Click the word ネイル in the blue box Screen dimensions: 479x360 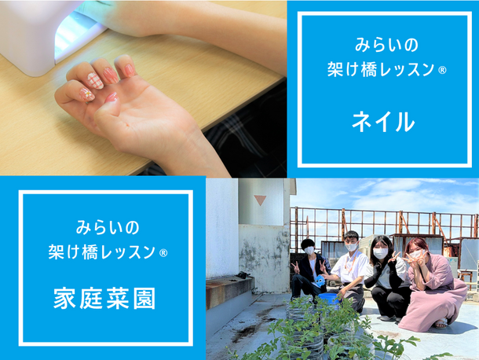(x=383, y=122)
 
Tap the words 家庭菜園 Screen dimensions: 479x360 (x=104, y=298)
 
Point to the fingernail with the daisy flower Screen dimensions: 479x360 (x=86, y=94)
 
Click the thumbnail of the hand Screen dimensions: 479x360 (x=112, y=97)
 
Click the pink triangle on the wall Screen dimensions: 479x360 (x=260, y=200)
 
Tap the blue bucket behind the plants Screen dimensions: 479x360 (x=329, y=299)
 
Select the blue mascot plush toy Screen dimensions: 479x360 (x=320, y=280)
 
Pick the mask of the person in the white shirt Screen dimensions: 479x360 (x=352, y=246)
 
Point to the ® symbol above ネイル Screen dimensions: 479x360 (x=442, y=71)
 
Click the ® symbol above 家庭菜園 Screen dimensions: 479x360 (x=163, y=253)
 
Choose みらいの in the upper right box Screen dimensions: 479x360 (x=386, y=45)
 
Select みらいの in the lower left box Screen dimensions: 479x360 (x=108, y=228)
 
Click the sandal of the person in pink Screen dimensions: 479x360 (x=441, y=323)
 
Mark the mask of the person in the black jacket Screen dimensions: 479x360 (x=309, y=251)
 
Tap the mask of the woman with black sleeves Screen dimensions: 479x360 (x=380, y=253)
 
